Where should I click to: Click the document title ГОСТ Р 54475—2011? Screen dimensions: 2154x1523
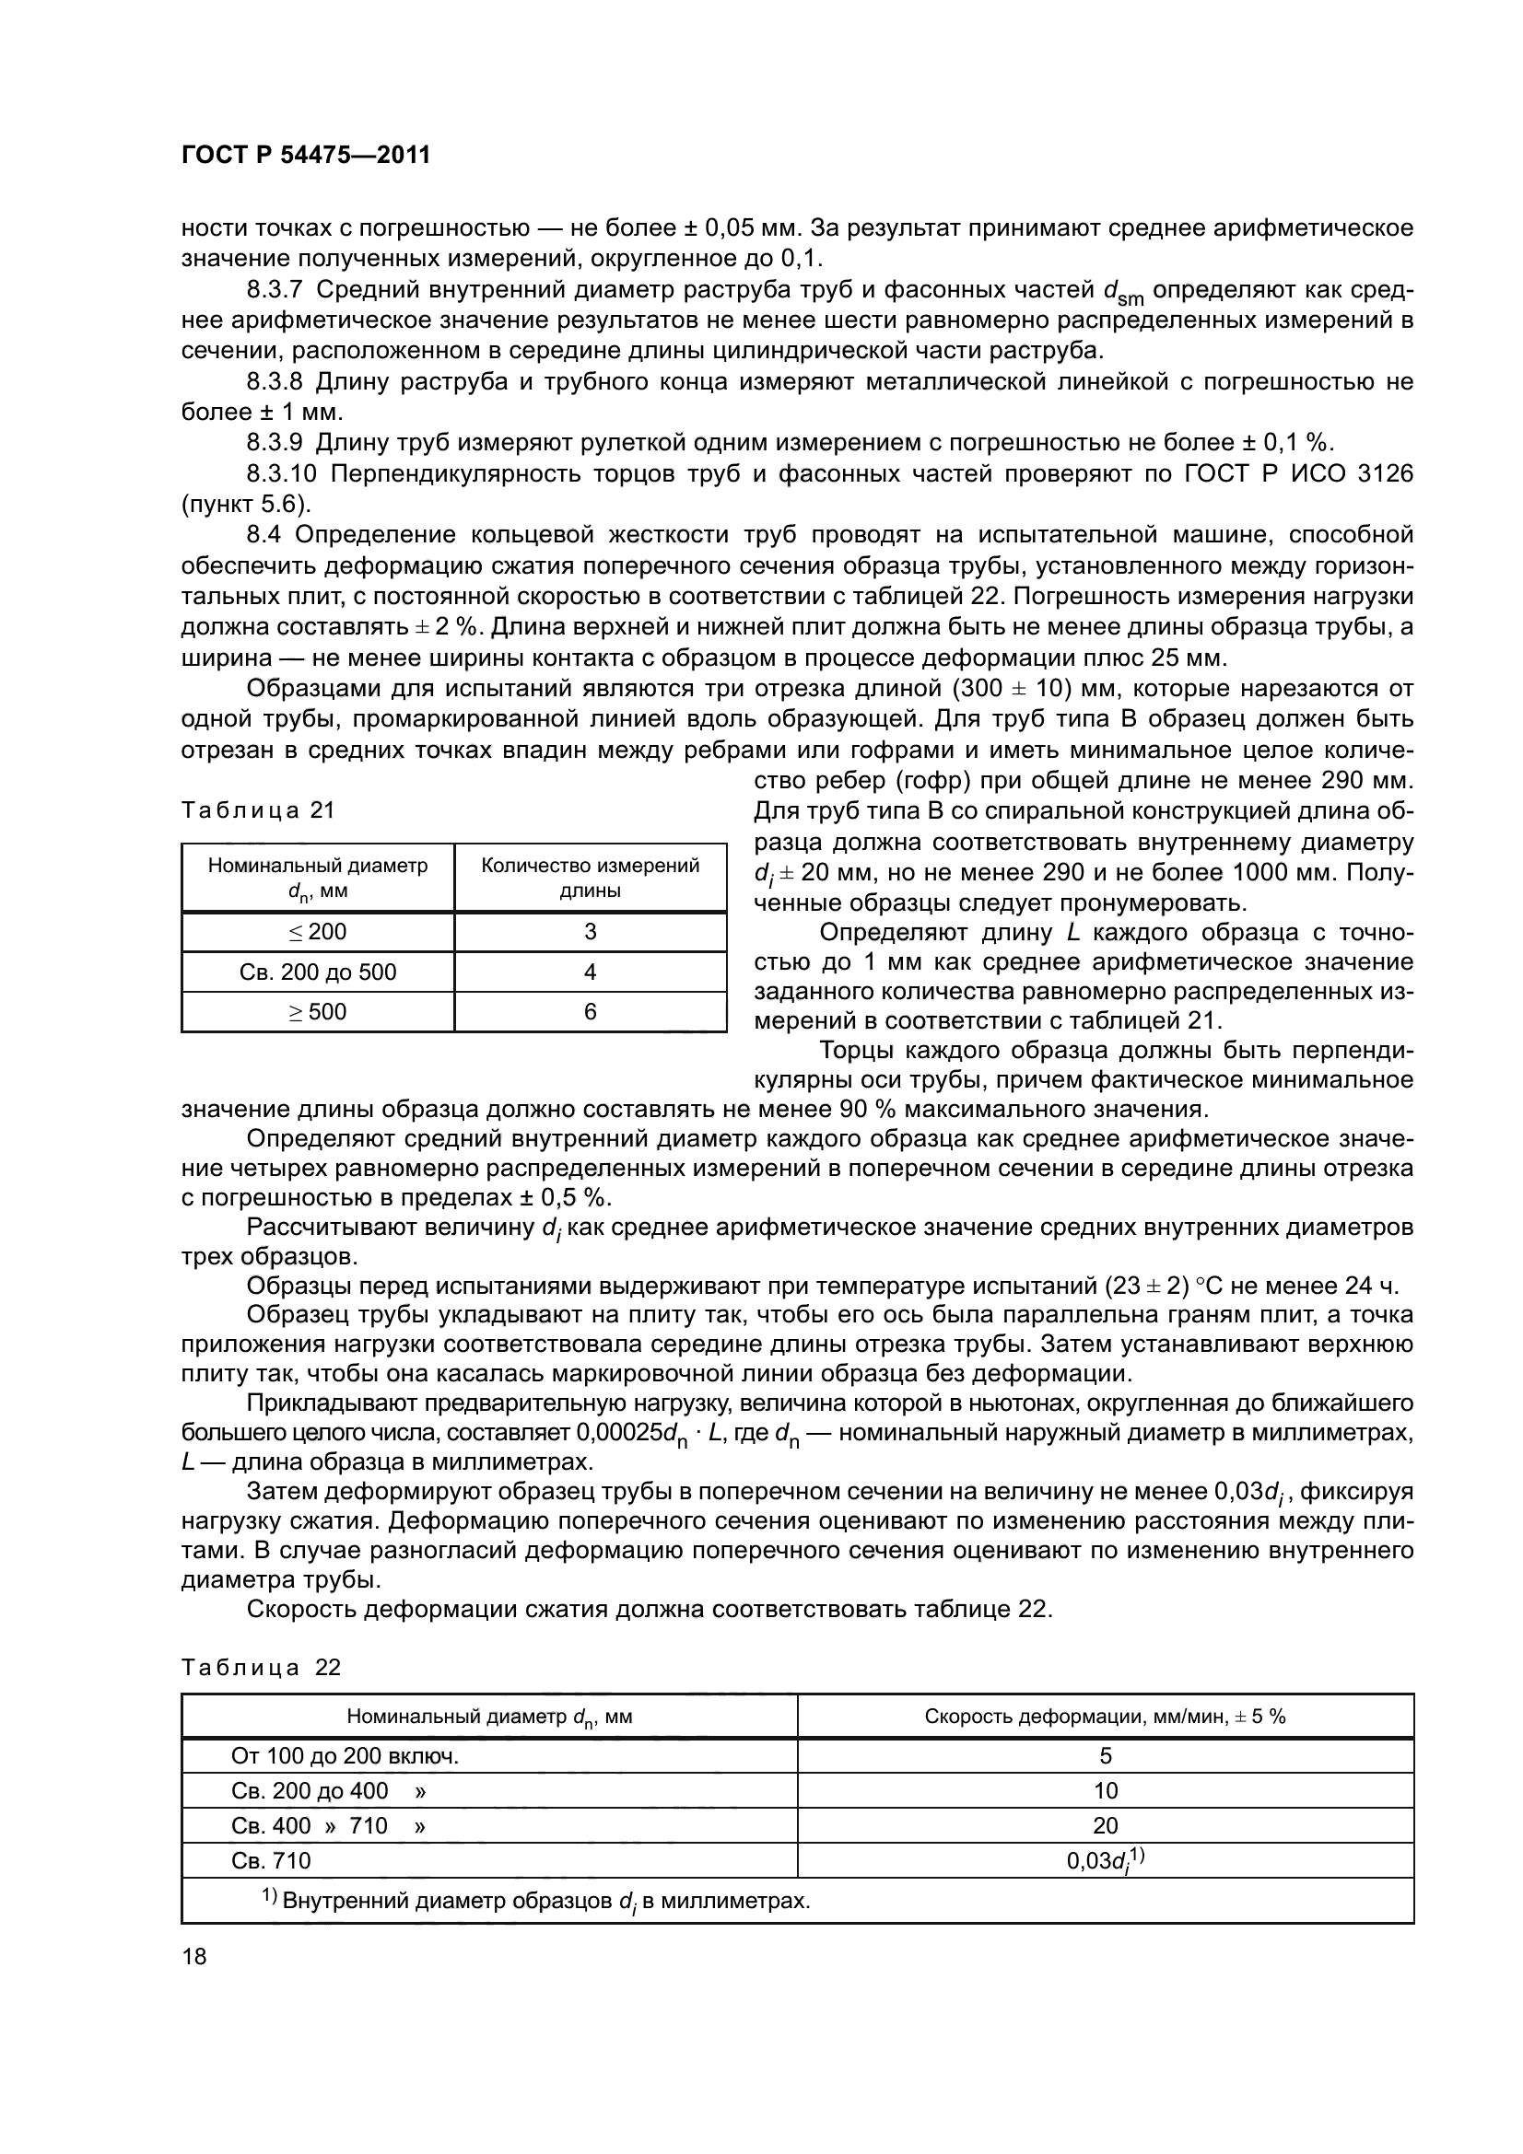(x=305, y=155)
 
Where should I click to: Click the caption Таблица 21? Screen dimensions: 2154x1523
(x=257, y=809)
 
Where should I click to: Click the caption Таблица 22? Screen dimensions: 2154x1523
(x=260, y=1667)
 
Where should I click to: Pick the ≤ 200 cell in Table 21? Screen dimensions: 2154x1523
(x=317, y=932)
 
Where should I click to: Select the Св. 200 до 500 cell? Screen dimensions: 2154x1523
(x=317, y=972)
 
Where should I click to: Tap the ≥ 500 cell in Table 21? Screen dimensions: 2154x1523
(x=317, y=1011)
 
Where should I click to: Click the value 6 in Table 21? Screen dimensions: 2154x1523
(x=591, y=1011)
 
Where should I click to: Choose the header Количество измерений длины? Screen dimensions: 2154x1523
(x=591, y=878)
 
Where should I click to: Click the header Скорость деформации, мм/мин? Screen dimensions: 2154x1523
(x=1105, y=1717)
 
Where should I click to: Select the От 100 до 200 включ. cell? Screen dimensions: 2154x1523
(x=345, y=1756)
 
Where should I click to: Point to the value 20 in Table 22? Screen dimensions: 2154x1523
(x=1106, y=1824)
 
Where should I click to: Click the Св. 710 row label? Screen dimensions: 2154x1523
(x=271, y=1860)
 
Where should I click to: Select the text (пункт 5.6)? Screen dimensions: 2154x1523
(x=245, y=505)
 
